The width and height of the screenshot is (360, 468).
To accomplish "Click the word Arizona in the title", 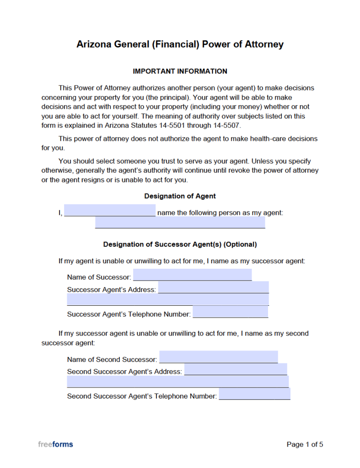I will [94, 44].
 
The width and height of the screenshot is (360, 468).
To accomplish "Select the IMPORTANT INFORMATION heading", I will [180, 71].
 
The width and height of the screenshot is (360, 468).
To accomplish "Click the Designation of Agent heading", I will [180, 196].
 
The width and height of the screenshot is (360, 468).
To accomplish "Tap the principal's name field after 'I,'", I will [110, 211].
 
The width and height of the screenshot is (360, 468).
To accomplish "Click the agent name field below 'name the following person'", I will [180, 223].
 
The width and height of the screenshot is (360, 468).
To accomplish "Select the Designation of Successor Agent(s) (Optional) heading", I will [180, 245].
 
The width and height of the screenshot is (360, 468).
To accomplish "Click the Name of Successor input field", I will [192, 275].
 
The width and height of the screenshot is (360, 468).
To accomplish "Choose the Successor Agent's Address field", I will [213, 288].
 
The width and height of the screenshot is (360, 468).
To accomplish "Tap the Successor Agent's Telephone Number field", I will [230, 313].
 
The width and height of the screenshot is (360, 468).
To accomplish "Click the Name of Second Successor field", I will [218, 357].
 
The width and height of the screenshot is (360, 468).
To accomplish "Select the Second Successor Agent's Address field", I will [235, 370].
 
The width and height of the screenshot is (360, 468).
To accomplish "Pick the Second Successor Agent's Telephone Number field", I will [254, 394].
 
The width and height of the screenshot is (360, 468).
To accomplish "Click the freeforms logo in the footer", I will [55, 444].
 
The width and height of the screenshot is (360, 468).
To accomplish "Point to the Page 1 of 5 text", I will [305, 444].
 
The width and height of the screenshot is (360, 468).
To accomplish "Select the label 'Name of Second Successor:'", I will [112, 360].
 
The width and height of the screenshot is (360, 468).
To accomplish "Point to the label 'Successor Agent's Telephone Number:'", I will [129, 314].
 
